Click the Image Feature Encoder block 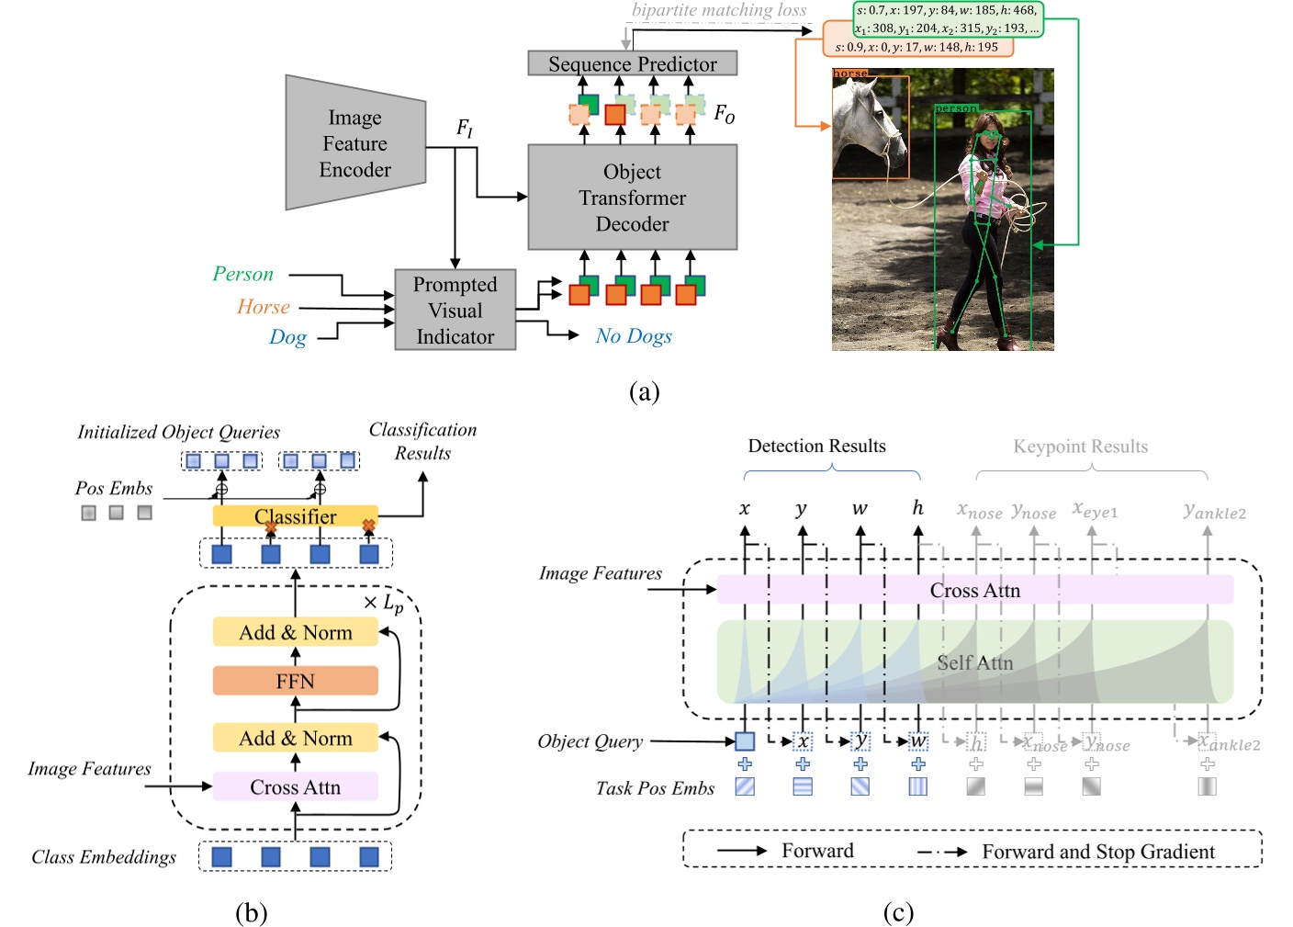355,143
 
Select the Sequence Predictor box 632,63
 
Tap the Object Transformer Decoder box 632,198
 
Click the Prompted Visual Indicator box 455,311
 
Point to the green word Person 243,274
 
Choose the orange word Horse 264,307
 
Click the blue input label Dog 287,337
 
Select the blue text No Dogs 634,336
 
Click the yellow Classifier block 295,516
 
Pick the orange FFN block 295,681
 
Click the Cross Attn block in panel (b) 295,787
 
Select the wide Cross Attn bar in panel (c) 974,590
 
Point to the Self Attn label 974,662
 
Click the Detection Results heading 816,446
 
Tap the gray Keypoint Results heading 1080,447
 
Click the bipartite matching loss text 719,10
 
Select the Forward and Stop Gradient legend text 1097,852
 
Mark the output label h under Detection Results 917,508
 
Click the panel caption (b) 251,912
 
